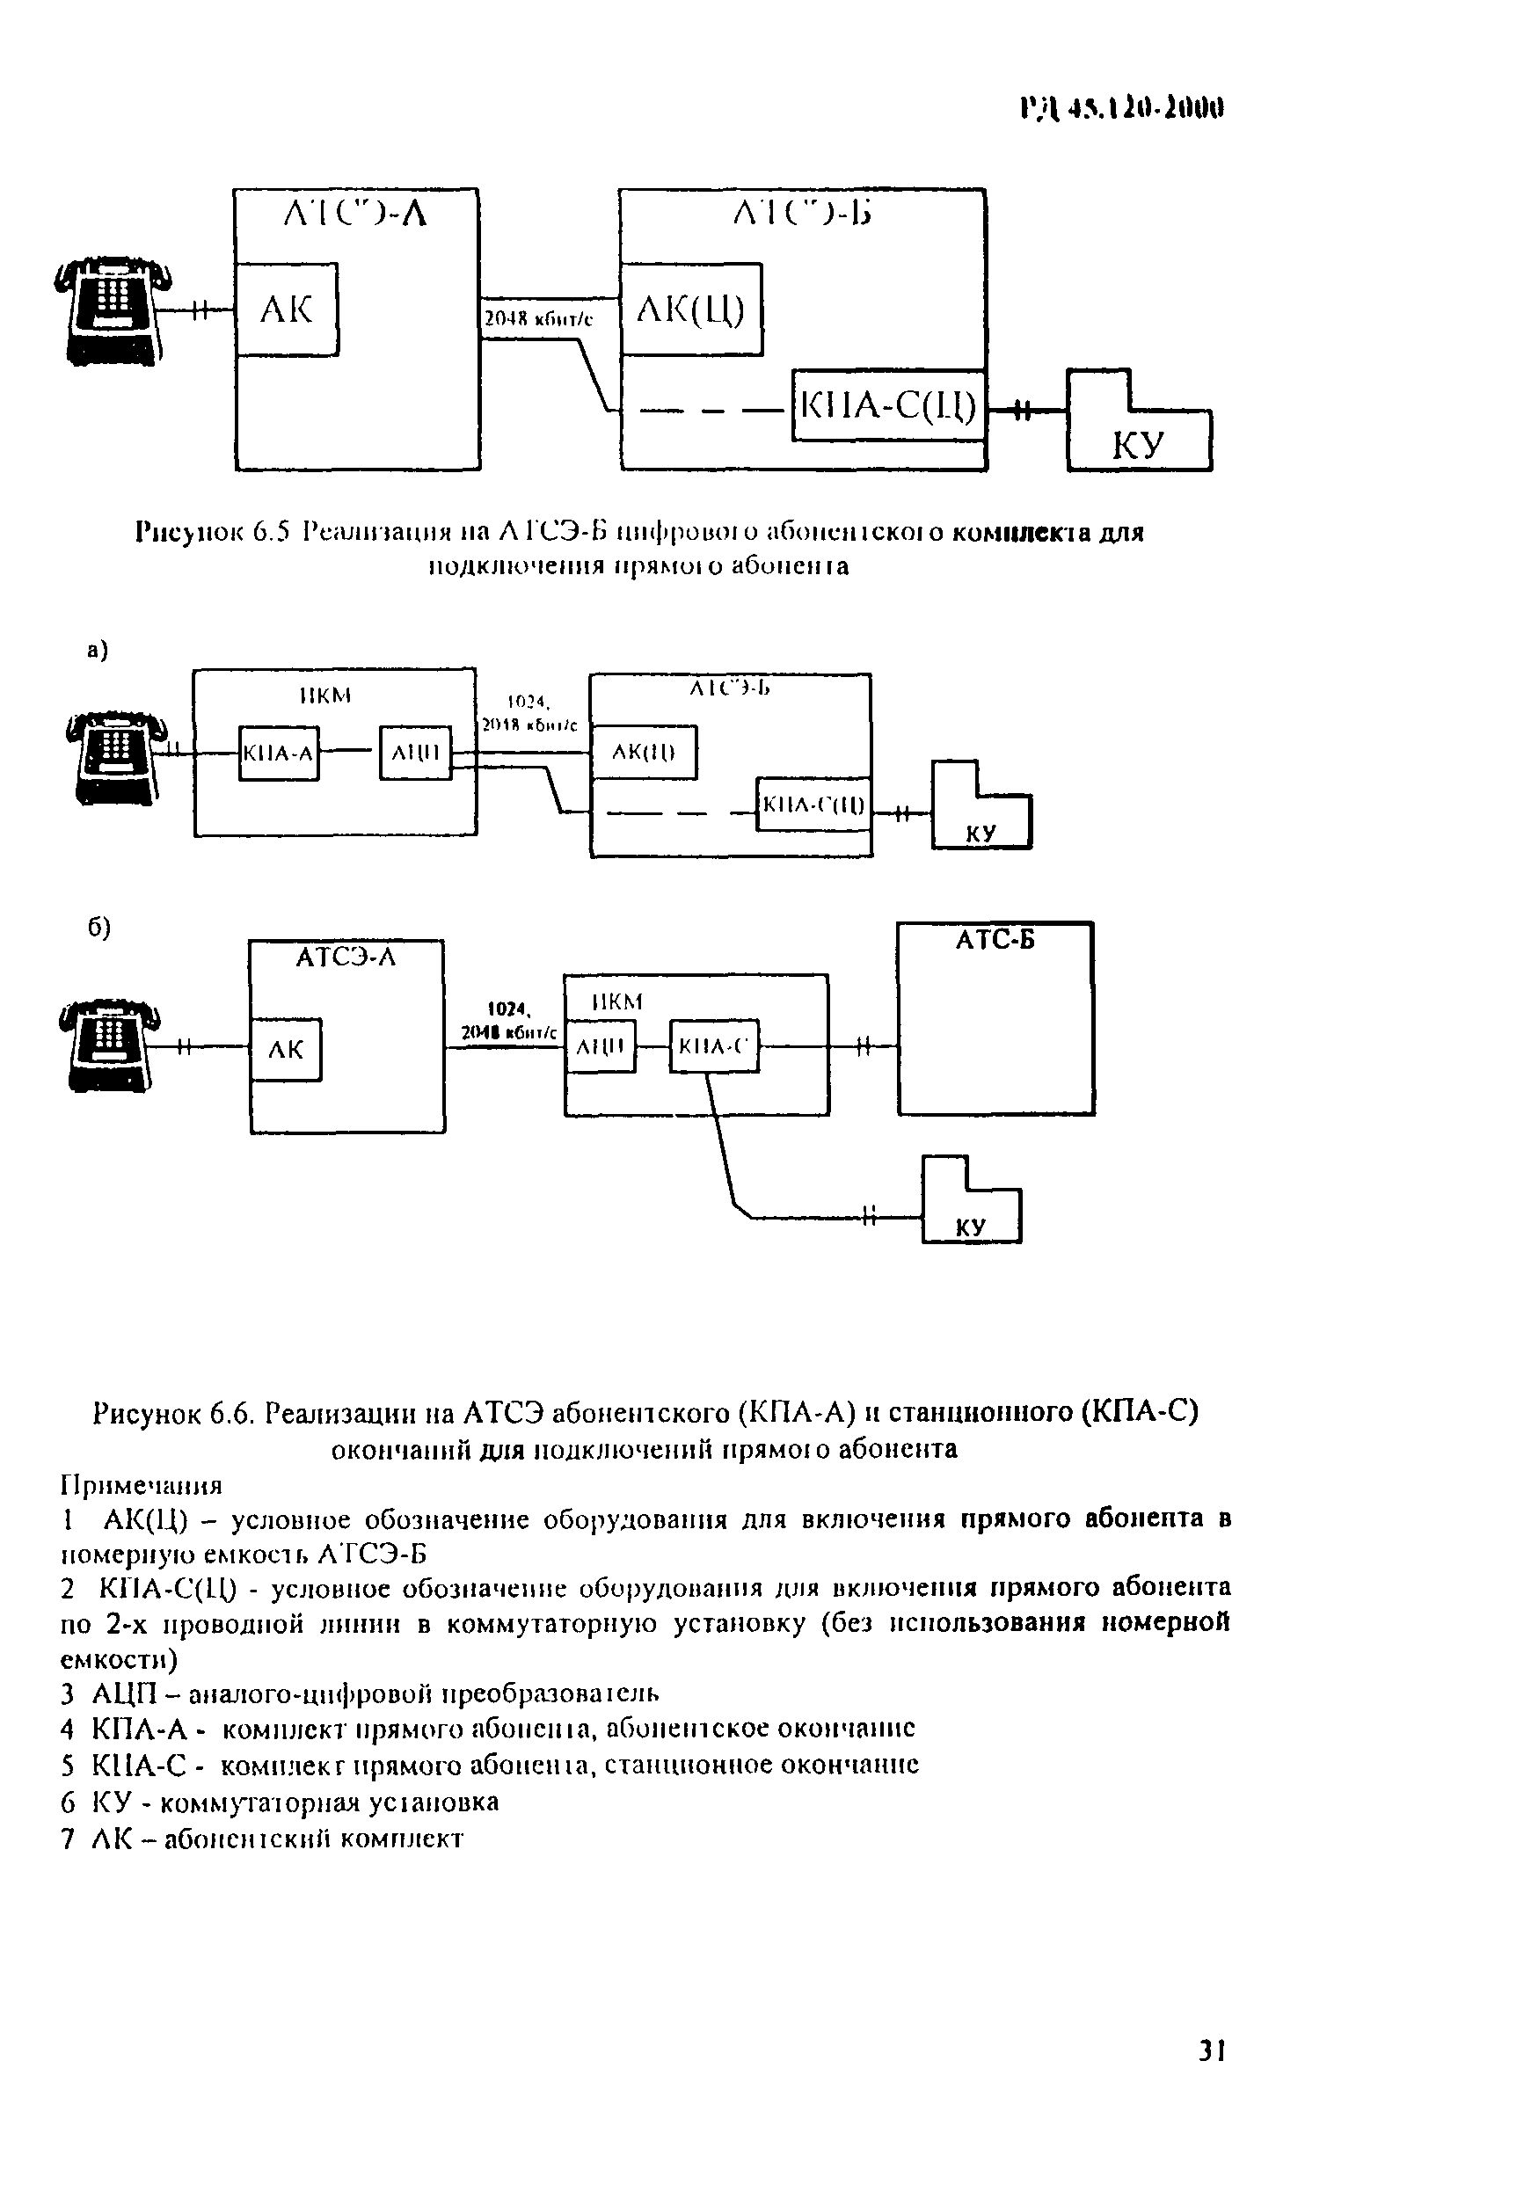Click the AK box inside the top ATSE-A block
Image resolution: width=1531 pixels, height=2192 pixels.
pos(287,310)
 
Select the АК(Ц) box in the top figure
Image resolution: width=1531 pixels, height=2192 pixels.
pos(690,310)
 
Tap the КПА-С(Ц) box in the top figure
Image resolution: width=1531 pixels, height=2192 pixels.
pos(888,405)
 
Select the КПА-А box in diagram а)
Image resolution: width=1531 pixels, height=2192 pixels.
pos(278,754)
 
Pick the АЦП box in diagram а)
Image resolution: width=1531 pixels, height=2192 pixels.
pos(415,754)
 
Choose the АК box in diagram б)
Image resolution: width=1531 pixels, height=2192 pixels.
pos(286,1050)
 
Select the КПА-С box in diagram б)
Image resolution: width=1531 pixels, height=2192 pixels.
pos(714,1047)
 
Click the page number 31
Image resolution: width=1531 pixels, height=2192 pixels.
pos(1211,2050)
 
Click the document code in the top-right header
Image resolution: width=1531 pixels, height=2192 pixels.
pos(1121,109)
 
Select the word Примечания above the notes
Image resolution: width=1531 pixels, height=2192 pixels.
pos(142,1486)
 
